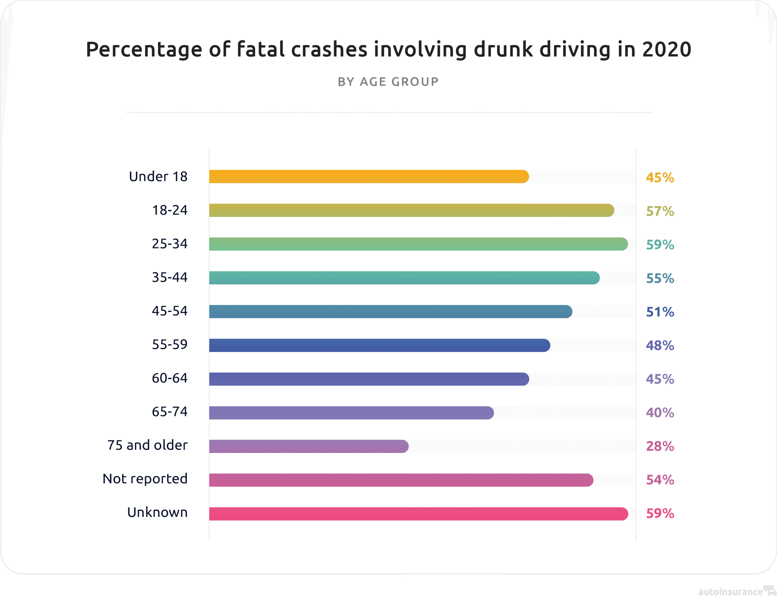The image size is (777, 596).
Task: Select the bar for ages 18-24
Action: [x=411, y=210]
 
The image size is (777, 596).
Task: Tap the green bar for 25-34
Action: [x=418, y=244]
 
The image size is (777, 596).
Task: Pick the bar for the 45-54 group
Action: [x=390, y=311]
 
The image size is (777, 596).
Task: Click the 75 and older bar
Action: [x=308, y=446]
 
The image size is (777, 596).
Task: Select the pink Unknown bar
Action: [x=418, y=514]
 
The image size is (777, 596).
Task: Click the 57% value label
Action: [x=660, y=211]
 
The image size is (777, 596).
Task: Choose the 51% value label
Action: [x=660, y=312]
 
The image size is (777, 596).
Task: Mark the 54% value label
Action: [x=660, y=480]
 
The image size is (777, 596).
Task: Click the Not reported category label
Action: [x=145, y=479]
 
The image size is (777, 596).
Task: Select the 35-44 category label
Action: [x=170, y=277]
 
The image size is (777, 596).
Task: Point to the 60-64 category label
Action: [x=170, y=378]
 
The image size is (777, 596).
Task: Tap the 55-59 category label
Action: [x=170, y=344]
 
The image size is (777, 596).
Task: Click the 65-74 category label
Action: [x=170, y=411]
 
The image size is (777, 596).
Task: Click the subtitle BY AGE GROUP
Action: [x=388, y=82]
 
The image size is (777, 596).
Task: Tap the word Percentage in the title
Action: [x=144, y=49]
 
